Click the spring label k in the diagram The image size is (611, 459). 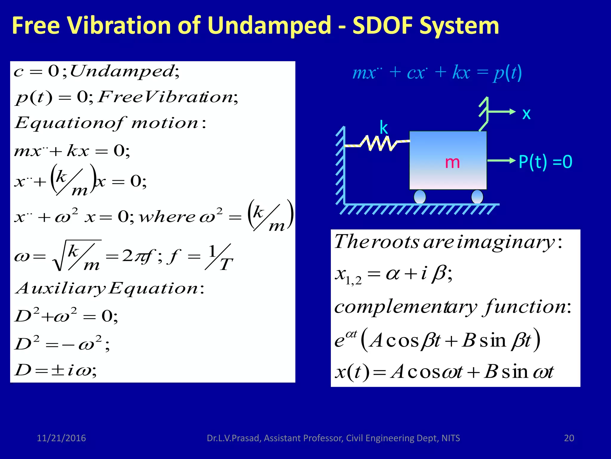point(384,128)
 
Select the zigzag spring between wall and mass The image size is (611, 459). point(378,143)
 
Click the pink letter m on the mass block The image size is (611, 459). point(452,162)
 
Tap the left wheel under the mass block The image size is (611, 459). point(420,197)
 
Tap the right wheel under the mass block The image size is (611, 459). point(477,197)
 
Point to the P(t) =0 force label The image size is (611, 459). point(545,162)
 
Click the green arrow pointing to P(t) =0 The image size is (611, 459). point(501,161)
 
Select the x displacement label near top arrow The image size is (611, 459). point(526,114)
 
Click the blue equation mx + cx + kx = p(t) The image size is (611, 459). point(437,73)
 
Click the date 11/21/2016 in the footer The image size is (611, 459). point(61,438)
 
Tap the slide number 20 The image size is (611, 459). point(569,438)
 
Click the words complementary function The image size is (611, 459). point(452,307)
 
